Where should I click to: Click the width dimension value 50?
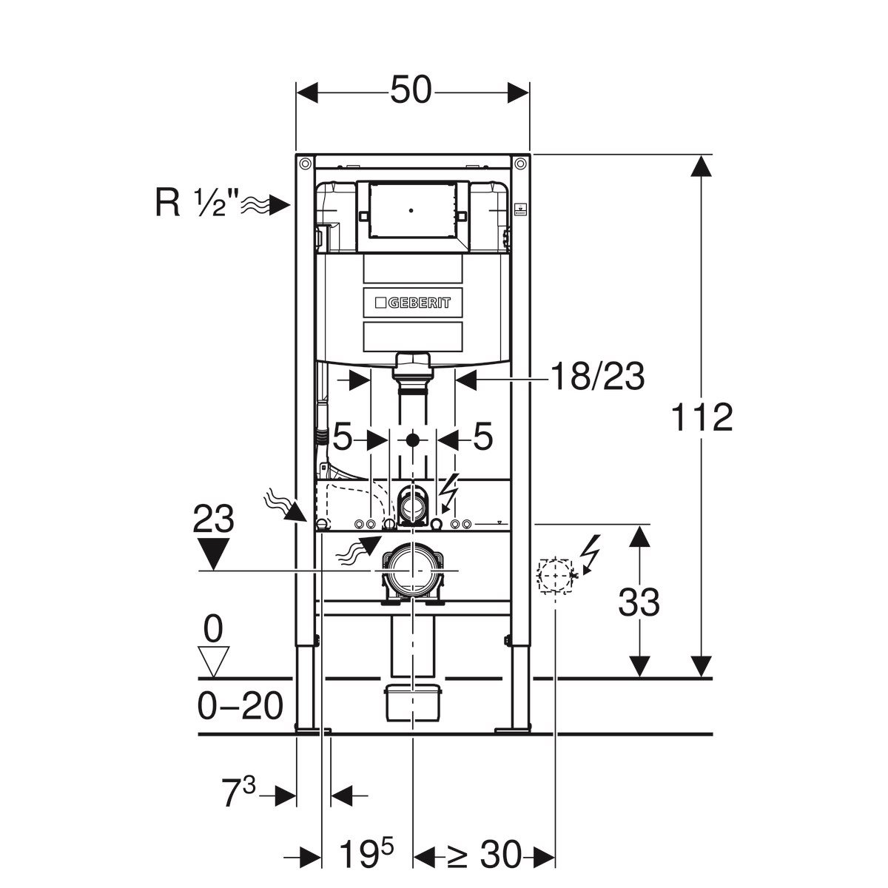tap(411, 92)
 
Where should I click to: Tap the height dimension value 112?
tap(702, 419)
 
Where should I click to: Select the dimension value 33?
tap(639, 603)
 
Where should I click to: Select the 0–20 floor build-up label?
tap(241, 707)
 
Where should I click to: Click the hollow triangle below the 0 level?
tap(213, 660)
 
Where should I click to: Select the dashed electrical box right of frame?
tap(555, 576)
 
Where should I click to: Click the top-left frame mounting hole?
tap(304, 163)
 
